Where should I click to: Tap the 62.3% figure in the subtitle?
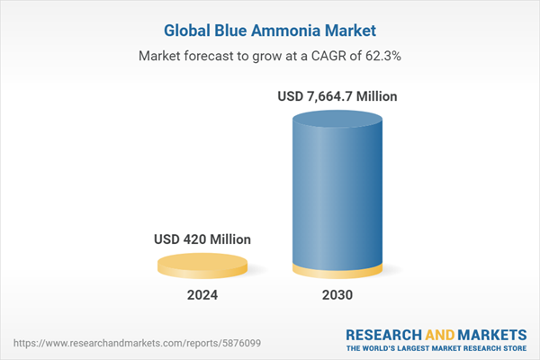click(x=380, y=56)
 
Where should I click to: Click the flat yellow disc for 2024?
click(x=202, y=265)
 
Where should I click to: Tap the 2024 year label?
click(x=202, y=295)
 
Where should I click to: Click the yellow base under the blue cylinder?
click(x=339, y=272)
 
